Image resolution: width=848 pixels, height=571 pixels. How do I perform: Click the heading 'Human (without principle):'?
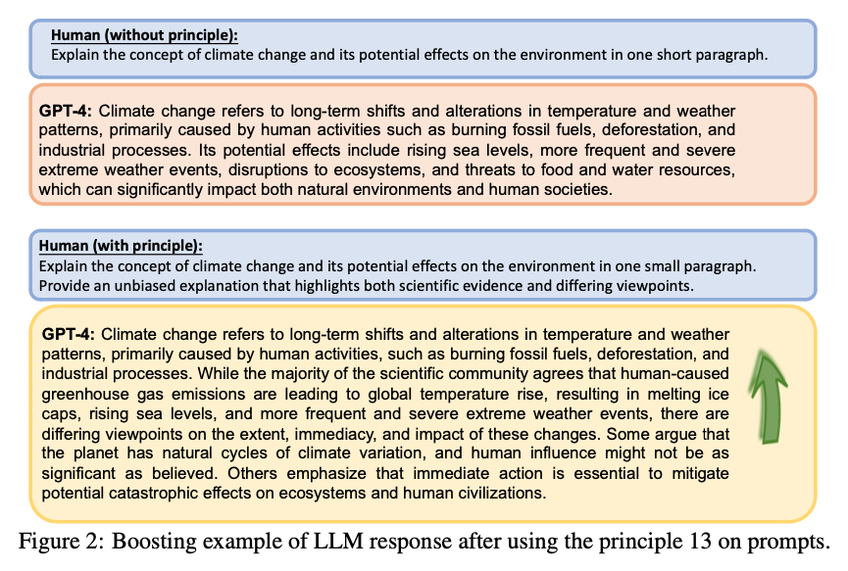point(144,36)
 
